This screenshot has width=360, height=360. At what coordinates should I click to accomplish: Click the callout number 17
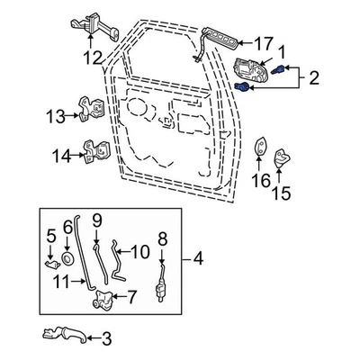(x=262, y=42)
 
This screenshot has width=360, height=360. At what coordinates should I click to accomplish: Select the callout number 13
(x=56, y=115)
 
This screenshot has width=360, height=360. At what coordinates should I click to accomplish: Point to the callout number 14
(x=59, y=156)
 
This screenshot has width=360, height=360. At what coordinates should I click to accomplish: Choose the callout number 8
(x=163, y=238)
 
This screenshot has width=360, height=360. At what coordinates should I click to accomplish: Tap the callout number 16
(x=261, y=181)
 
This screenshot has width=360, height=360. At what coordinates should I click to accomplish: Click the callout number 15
(x=283, y=192)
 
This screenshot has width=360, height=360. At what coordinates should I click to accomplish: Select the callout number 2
(x=313, y=78)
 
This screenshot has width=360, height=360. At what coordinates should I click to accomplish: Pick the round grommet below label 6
(x=67, y=260)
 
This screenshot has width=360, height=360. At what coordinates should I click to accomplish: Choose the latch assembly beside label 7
(x=106, y=296)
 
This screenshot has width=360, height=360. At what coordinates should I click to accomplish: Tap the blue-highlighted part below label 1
(x=243, y=86)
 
